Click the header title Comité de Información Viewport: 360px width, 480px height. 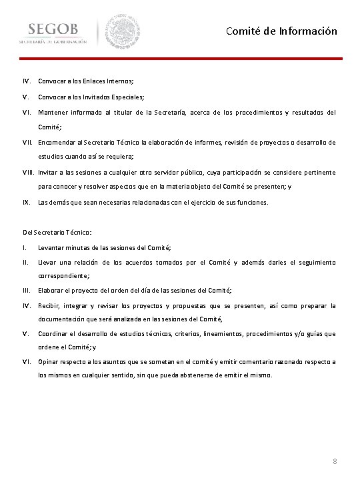coord(281,31)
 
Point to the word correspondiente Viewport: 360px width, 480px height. coord(63,275)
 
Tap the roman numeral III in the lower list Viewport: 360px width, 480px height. coord(25,291)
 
